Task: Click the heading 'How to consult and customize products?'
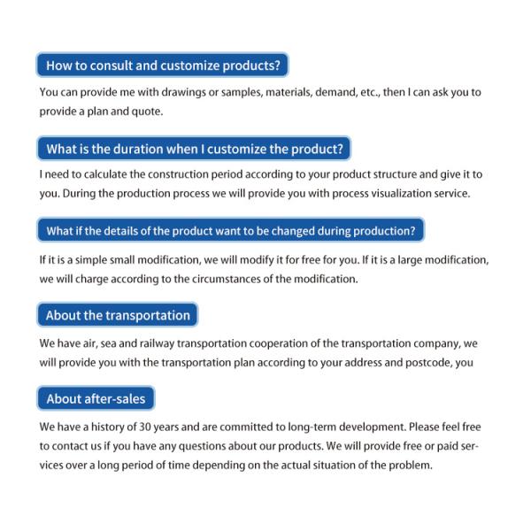point(164,65)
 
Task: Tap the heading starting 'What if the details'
point(230,231)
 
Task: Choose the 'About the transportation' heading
point(118,315)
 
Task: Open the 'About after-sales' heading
point(96,398)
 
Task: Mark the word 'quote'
point(150,112)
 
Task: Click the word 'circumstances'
point(239,279)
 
